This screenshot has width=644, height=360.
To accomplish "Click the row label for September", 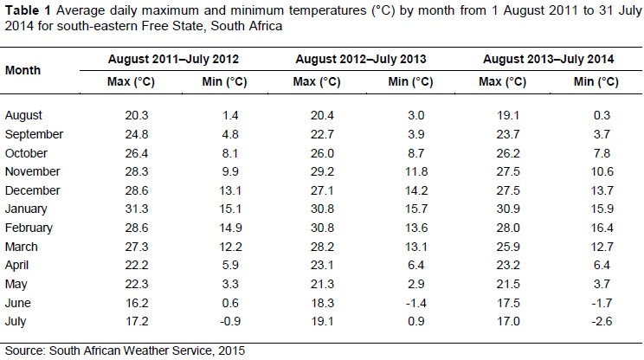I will [x=34, y=134].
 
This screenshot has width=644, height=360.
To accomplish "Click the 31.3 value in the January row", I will [x=125, y=209].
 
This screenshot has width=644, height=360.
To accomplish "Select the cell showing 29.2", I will [x=315, y=172].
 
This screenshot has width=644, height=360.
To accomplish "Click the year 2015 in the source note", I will [x=231, y=350].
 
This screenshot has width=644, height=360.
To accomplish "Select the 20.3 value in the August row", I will [x=125, y=115].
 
